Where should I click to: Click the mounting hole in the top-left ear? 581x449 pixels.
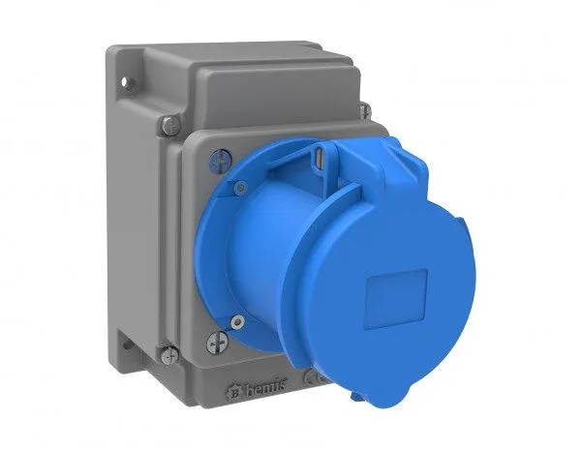coord(126,81)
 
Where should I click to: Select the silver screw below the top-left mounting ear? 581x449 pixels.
coord(170,125)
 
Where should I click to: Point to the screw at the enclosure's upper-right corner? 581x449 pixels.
coord(365,110)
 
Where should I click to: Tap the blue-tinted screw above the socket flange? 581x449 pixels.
coord(220,160)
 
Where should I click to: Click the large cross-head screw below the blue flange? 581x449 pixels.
coord(217,343)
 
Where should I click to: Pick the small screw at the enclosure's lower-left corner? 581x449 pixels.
coord(169,356)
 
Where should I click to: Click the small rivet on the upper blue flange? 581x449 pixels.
coord(241,188)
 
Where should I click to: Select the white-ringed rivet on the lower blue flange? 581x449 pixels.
coord(237,321)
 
